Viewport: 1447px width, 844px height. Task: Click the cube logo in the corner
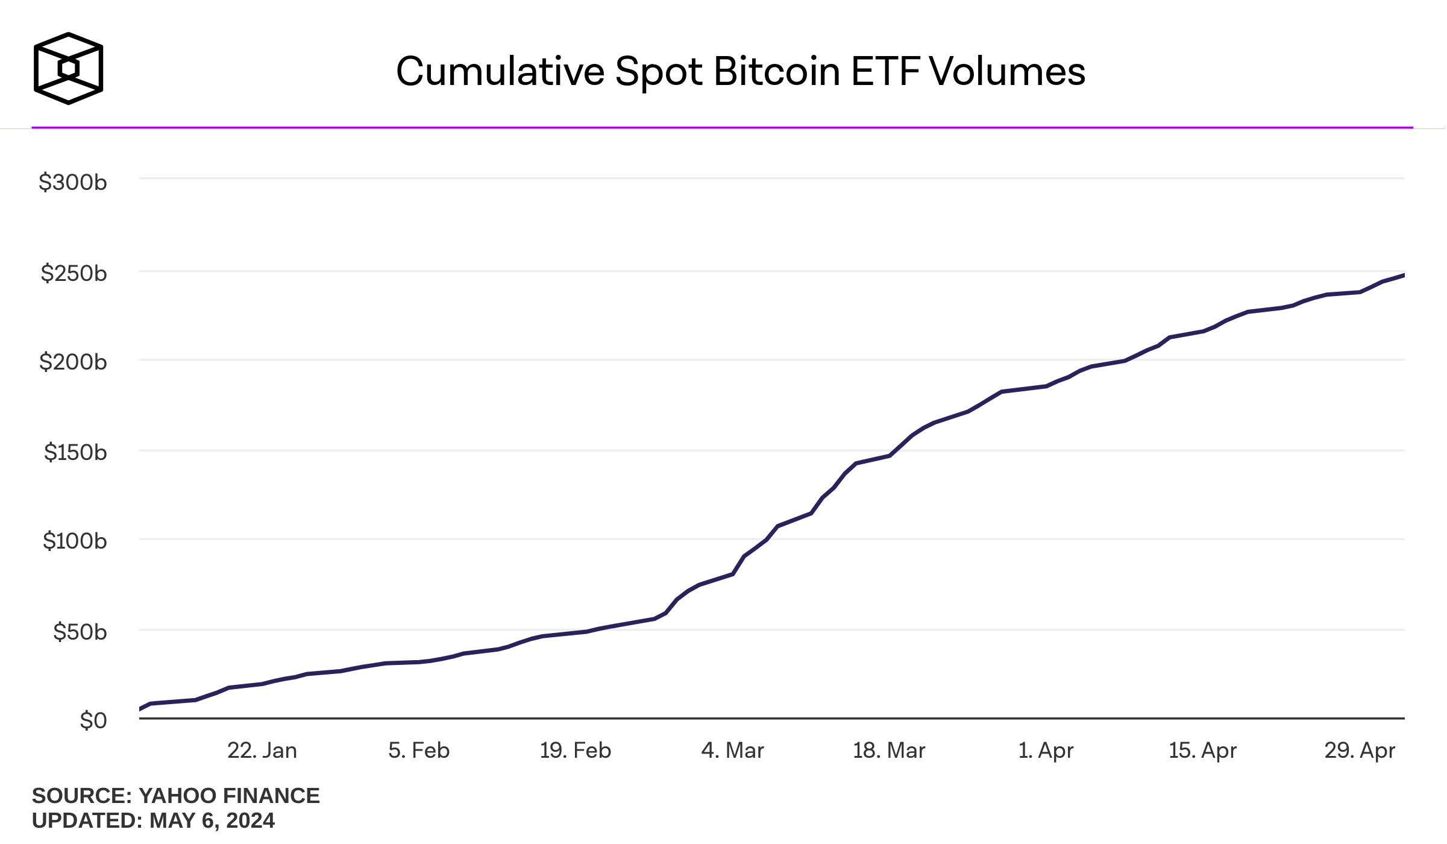(68, 68)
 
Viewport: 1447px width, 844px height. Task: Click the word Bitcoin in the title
(777, 72)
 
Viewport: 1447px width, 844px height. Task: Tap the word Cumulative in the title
(500, 72)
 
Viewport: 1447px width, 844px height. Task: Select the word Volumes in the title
(1007, 72)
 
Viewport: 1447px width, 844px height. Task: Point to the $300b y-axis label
(73, 182)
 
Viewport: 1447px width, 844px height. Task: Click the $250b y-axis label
(74, 273)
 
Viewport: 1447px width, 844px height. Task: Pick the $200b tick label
(73, 362)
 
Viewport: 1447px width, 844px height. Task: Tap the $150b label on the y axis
(75, 452)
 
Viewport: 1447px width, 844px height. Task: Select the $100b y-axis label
(75, 541)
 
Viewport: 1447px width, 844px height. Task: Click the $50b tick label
(80, 632)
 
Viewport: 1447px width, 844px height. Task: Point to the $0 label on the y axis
(93, 720)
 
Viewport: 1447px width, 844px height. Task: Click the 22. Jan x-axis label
(262, 751)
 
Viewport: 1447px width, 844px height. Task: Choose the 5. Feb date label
(419, 751)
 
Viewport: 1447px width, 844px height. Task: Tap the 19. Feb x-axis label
(576, 751)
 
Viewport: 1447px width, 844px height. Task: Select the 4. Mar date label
(732, 751)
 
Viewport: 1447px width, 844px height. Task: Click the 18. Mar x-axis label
(889, 751)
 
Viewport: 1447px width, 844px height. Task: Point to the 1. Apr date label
(1046, 751)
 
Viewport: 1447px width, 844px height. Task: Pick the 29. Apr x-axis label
(1360, 751)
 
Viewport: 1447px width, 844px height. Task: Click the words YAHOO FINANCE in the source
(229, 796)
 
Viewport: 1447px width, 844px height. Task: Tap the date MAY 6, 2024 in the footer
(212, 820)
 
